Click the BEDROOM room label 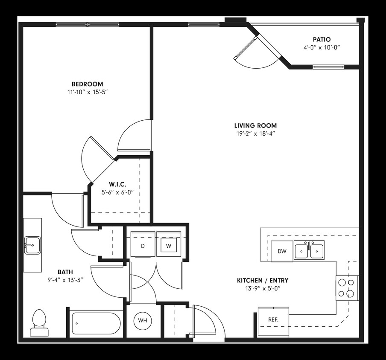(87, 84)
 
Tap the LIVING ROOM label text (255, 125)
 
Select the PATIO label (322, 40)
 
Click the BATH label (65, 272)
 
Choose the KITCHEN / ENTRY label (263, 280)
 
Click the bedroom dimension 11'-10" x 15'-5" (87, 92)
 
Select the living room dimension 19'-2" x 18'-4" (255, 134)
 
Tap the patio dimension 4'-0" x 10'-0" (322, 48)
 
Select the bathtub (97, 323)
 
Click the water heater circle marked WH (142, 320)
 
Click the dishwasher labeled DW (282, 251)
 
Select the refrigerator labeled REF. (273, 319)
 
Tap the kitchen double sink (310, 250)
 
